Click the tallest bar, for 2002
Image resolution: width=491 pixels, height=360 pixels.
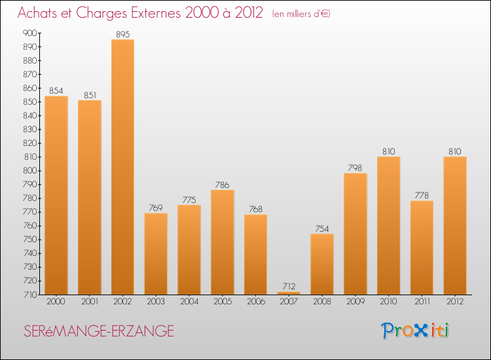[x=122, y=167]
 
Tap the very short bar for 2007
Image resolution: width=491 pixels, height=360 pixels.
[x=289, y=293]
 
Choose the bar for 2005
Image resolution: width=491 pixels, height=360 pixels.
[x=223, y=242]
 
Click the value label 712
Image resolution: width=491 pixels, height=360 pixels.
[x=289, y=286]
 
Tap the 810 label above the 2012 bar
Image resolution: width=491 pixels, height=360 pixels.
[x=455, y=151]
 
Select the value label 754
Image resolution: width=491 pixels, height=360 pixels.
[x=322, y=228]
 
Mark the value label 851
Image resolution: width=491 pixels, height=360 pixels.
[x=89, y=95]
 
